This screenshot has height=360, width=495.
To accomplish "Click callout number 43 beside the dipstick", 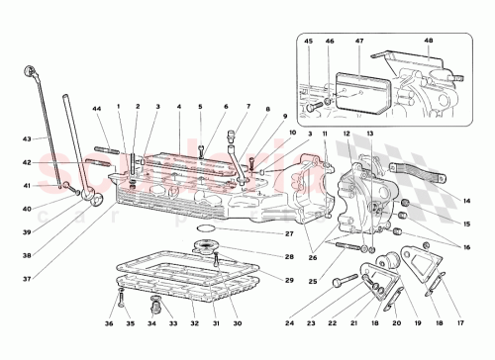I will (x=28, y=137).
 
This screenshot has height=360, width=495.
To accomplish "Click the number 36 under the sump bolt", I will (x=112, y=321).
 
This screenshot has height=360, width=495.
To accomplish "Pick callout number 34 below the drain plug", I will (x=152, y=321).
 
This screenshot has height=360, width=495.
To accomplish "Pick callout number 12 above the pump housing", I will (x=347, y=132).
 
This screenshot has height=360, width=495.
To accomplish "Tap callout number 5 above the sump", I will (x=199, y=107).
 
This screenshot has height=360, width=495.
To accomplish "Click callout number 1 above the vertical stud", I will (x=118, y=107).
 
